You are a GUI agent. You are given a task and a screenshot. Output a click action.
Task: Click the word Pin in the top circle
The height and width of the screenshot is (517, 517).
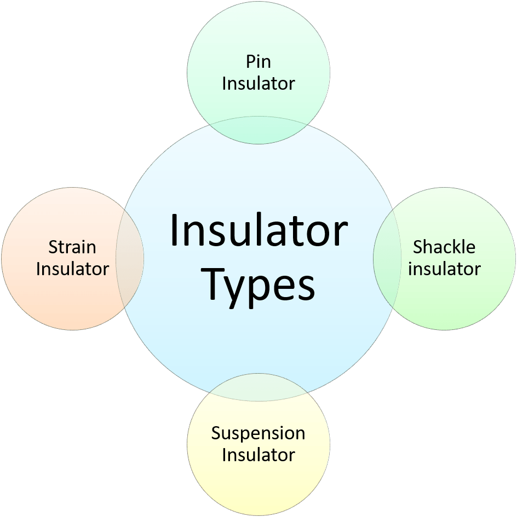[258, 61]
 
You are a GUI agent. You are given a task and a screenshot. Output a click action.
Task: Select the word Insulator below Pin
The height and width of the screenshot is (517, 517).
[258, 83]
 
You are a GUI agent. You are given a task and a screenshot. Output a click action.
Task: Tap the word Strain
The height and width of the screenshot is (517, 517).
[72, 247]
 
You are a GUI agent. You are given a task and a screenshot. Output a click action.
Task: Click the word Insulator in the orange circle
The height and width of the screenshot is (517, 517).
[72, 269]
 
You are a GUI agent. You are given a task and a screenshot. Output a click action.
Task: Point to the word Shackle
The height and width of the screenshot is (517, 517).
[444, 247]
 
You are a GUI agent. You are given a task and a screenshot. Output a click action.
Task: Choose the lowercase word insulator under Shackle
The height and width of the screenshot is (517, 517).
[444, 269]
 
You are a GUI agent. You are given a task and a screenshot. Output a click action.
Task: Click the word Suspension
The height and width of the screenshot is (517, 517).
[258, 433]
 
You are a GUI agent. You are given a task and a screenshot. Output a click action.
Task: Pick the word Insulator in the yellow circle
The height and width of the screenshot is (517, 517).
[258, 455]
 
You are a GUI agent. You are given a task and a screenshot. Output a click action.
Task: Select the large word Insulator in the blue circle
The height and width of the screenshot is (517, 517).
[258, 230]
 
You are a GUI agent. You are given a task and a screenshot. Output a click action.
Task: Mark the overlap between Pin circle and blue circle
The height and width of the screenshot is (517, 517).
[258, 130]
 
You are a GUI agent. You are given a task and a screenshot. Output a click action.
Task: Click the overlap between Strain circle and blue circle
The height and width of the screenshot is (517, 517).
[130, 258]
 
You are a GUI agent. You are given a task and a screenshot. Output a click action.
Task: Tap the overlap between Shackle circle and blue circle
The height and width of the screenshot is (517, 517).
[385, 258]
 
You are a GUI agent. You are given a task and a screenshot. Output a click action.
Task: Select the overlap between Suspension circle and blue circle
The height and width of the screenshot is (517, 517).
[258, 386]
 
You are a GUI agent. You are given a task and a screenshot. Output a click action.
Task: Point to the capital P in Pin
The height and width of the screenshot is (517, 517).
[250, 61]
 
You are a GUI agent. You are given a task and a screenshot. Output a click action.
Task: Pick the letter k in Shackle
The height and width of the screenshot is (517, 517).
[457, 247]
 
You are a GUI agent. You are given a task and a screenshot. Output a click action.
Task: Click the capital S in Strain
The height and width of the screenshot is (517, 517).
[53, 247]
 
